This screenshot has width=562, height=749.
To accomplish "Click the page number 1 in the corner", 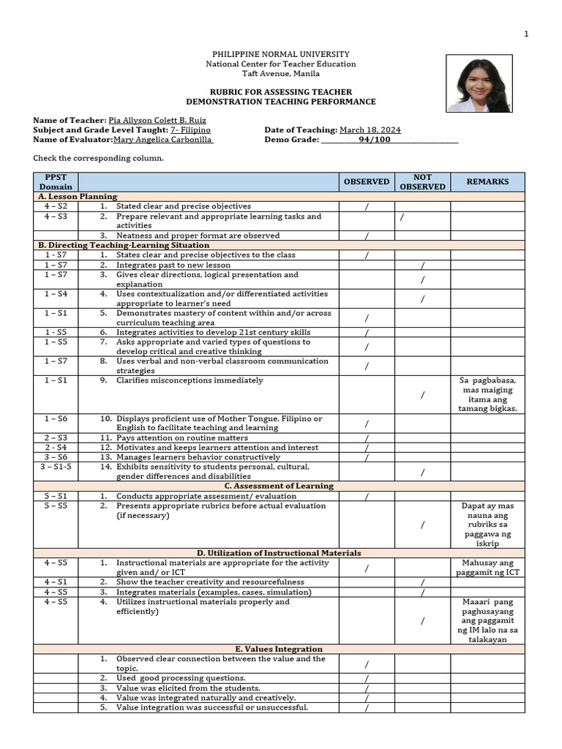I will [525, 34].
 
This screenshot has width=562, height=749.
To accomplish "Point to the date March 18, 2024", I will [370, 130].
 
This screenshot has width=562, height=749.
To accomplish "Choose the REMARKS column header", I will [487, 182].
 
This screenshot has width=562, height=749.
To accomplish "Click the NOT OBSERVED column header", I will [422, 182].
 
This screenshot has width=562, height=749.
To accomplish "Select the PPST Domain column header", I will [56, 182].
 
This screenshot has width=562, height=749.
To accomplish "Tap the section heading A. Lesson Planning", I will [78, 197].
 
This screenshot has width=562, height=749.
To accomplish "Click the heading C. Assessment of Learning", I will [281, 486].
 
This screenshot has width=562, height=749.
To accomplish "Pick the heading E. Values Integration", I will [281, 649].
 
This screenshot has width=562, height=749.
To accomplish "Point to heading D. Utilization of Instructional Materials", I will [281, 553].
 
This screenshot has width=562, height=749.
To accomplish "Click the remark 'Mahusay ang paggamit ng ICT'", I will [487, 568].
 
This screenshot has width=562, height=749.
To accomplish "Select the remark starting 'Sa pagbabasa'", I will [487, 394].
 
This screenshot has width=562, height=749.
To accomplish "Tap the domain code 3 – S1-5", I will [56, 467].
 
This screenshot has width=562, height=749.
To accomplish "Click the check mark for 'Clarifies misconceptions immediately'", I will [423, 395].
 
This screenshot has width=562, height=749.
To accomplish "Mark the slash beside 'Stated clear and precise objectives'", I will [367, 207].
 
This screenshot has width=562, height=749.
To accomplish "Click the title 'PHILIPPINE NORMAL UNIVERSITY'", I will [281, 55].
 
